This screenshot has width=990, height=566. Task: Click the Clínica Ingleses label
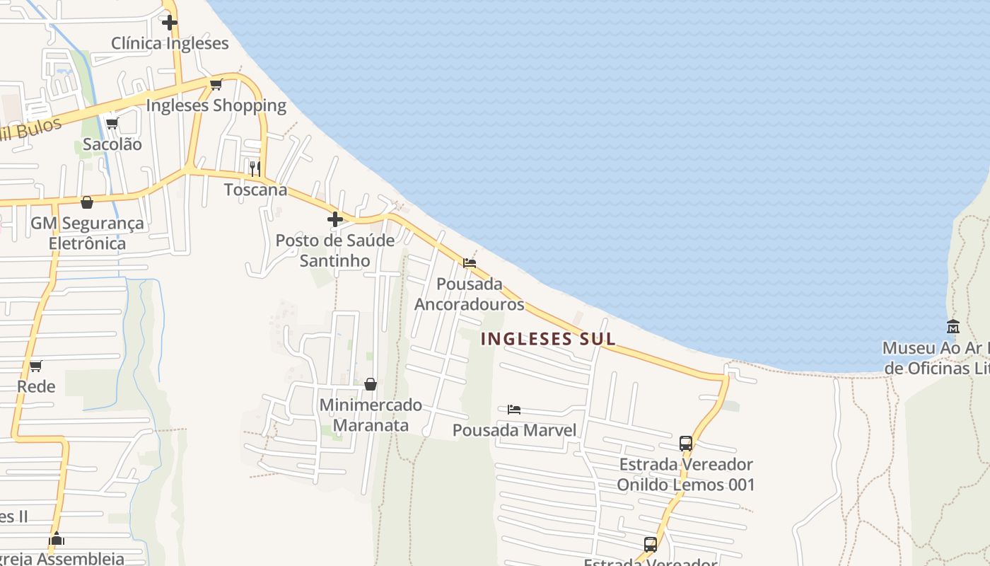coord(170,43)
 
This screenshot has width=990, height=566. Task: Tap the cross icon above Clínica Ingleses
coord(170,22)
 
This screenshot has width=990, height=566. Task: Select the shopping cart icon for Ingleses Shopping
coord(216,85)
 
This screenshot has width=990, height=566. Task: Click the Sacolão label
coord(112,144)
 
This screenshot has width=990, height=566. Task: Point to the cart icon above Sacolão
coord(112,124)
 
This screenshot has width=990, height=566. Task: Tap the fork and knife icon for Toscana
coord(255,168)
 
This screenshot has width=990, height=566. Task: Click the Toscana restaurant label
coord(256,190)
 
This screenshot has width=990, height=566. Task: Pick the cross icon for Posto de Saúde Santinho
coord(335,219)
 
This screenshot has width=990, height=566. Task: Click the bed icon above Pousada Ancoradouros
coord(470,263)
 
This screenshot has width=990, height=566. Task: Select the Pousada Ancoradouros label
coord(470,294)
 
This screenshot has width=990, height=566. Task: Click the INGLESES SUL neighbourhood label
coord(548,339)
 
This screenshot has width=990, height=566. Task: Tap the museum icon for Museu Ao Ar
coord(953,327)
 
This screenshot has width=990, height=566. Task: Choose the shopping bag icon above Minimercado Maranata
coord(370,384)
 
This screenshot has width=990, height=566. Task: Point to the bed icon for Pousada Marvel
coord(514,410)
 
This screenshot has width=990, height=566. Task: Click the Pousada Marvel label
coord(514,430)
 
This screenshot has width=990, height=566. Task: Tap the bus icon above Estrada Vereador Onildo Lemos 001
coord(686,444)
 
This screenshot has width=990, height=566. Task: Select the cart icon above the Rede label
coord(35,366)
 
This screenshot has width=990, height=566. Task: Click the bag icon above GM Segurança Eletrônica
coord(87,202)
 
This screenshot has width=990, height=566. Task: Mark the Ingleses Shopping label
coord(216,106)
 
